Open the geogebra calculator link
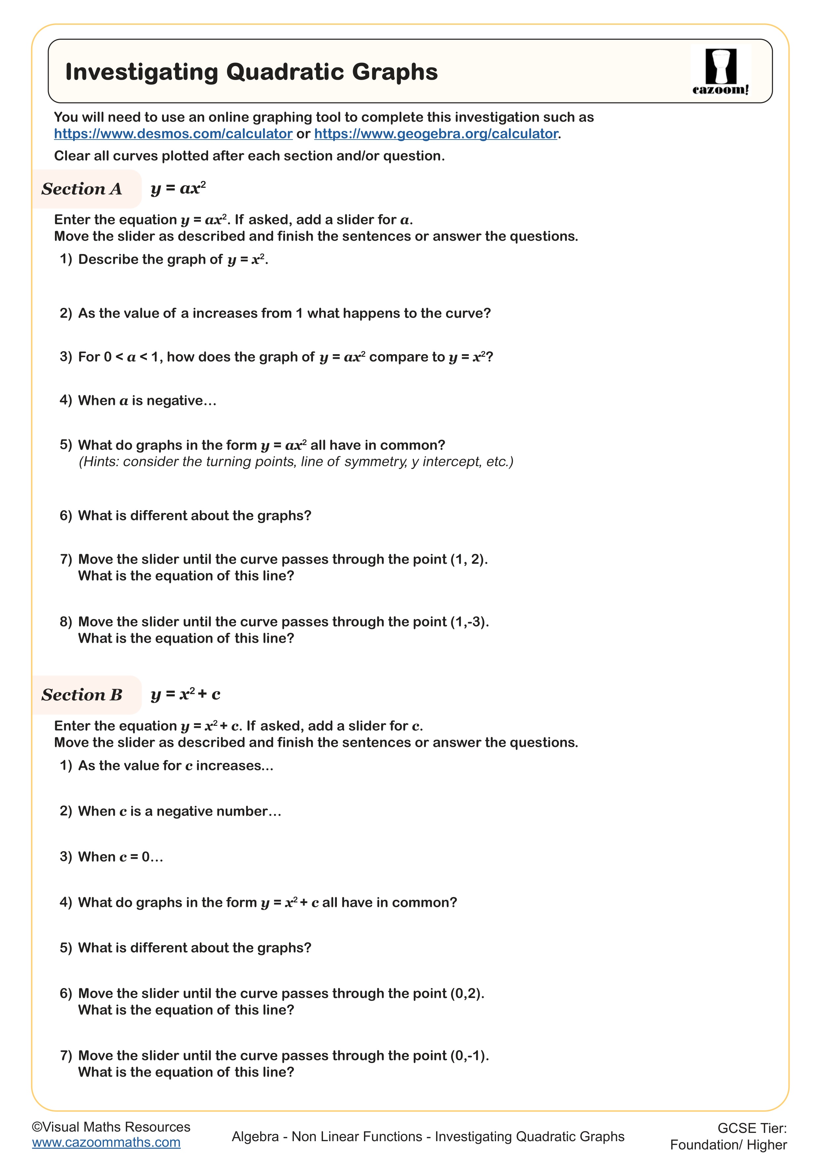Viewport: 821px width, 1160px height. click(436, 134)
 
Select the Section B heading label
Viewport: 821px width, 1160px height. click(82, 695)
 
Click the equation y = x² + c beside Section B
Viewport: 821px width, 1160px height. click(185, 694)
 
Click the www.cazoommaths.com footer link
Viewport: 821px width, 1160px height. click(106, 1142)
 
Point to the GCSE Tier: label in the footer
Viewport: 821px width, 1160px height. click(752, 1128)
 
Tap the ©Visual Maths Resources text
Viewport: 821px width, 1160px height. click(111, 1127)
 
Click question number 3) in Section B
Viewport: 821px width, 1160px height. click(66, 857)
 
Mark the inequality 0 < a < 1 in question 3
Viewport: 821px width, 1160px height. click(132, 357)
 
